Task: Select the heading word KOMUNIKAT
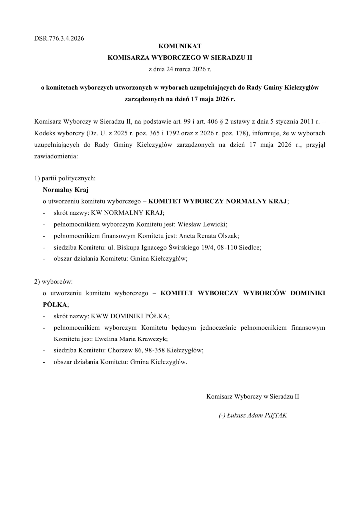point(180,46)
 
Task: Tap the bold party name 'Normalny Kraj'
point(62,189)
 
